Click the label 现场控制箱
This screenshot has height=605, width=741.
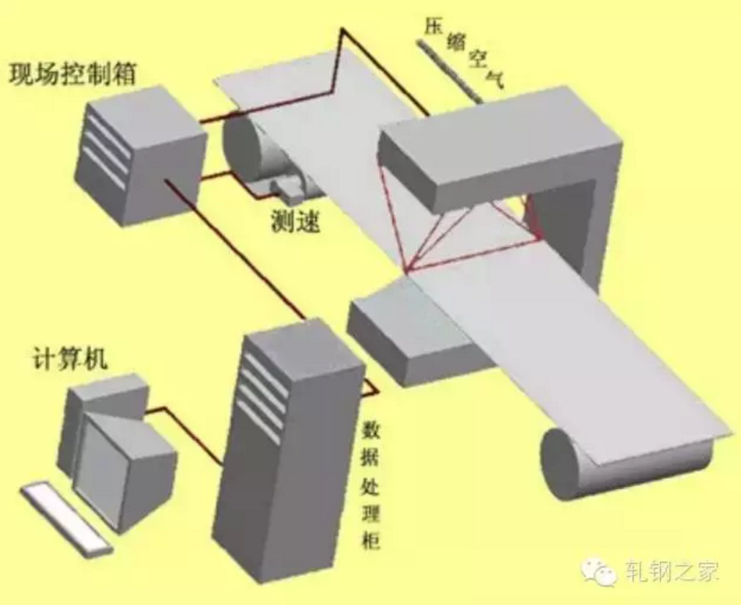tap(73, 74)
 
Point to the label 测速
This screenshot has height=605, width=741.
tap(295, 220)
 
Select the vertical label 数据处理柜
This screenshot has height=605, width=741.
tap(372, 485)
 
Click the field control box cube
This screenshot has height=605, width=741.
tap(140, 156)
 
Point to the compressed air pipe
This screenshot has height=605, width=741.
tap(449, 71)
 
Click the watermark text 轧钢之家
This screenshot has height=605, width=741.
tap(672, 571)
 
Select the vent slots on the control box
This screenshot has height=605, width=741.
tap(106, 149)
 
